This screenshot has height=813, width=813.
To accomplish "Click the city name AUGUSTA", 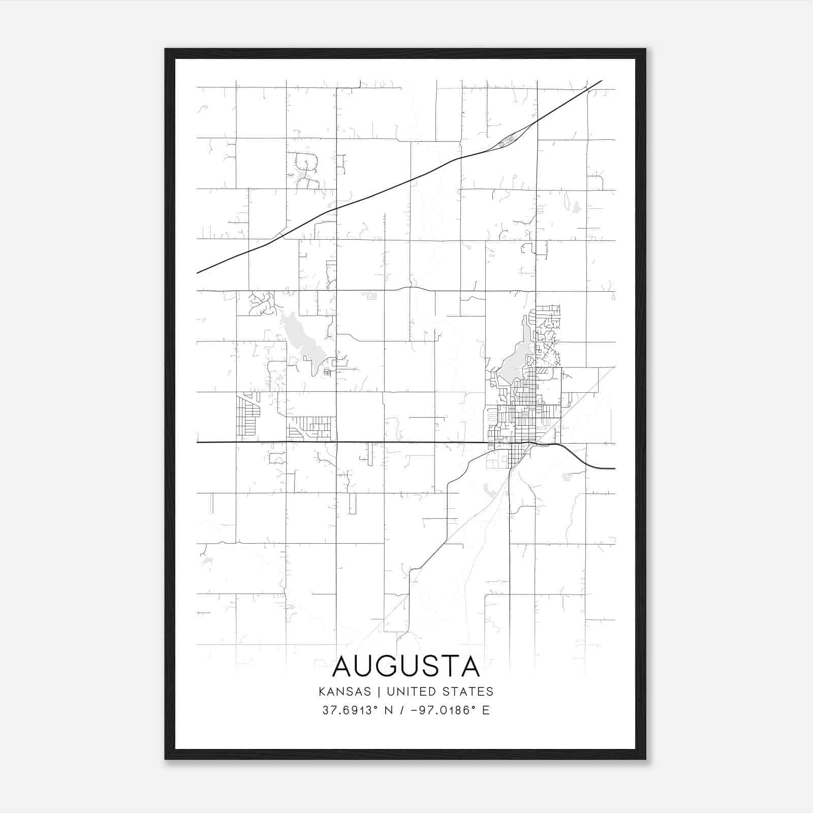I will tap(406, 667).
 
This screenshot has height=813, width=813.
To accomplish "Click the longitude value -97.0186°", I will tap(442, 710).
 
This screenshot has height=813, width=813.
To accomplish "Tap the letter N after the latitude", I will tap(388, 710).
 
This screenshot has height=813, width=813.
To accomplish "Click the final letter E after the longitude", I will tap(486, 710).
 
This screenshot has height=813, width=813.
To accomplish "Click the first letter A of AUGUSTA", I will tap(343, 667).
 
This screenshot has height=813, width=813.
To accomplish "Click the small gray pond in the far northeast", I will tap(576, 207).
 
